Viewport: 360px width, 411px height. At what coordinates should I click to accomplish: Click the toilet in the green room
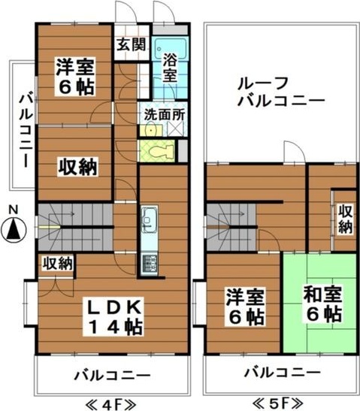pos(158,150)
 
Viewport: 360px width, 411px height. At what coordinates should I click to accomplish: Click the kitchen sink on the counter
pos(148,219)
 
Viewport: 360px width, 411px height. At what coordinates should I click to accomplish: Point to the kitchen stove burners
pos(148,263)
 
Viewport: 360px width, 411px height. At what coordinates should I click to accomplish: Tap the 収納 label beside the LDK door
pos(56,263)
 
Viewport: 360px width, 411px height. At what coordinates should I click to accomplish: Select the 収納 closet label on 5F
pos(345,218)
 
